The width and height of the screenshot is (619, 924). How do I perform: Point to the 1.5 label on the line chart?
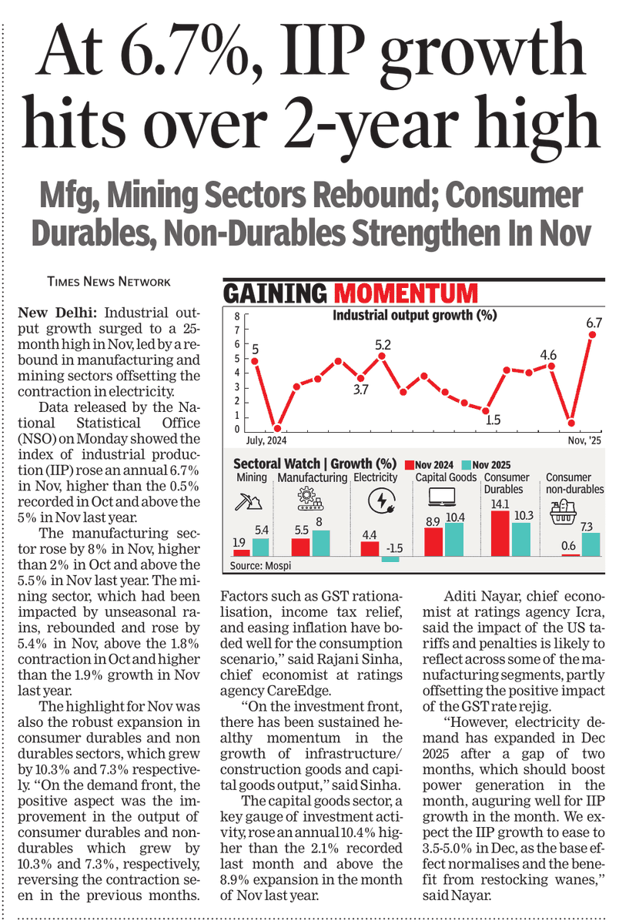494,420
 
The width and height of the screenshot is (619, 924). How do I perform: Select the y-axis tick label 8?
238,316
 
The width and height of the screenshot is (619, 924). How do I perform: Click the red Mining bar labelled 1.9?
242,552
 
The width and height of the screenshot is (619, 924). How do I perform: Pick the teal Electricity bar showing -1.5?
390,559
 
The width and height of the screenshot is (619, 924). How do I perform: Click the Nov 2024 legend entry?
430,464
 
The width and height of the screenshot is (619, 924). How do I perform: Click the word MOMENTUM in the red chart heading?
406,293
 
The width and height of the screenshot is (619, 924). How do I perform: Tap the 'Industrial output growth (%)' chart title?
414,314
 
